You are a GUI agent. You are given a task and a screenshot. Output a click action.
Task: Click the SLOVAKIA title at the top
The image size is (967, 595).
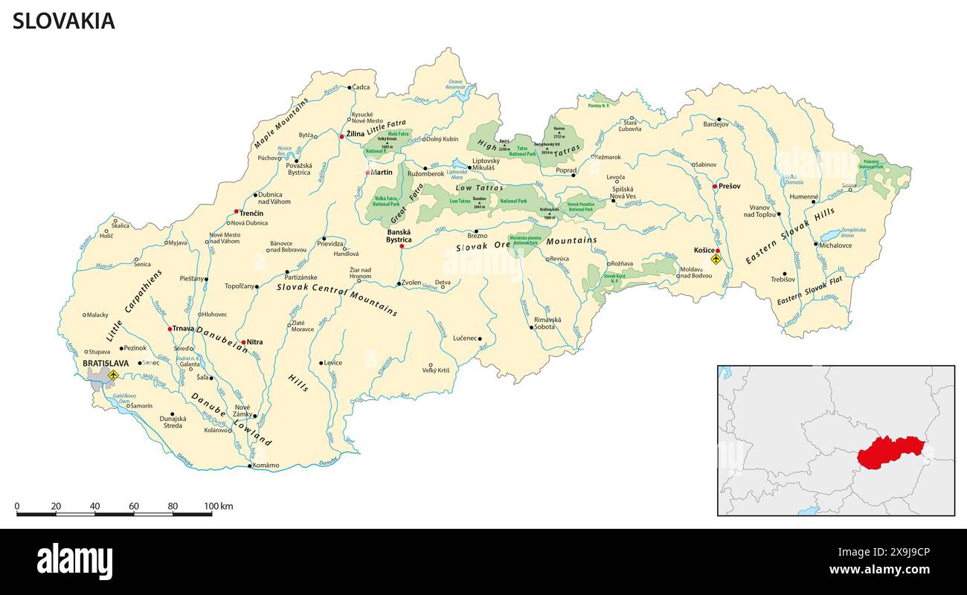click(x=64, y=22)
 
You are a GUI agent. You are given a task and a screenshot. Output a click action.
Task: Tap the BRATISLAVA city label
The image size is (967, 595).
click(x=106, y=364)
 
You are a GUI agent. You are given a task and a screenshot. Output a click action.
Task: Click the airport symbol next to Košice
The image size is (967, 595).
click(x=716, y=260)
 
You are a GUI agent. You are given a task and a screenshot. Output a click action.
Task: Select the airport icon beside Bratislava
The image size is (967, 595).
click(x=113, y=376)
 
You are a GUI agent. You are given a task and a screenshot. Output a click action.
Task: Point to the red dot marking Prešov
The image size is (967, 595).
click(x=714, y=187)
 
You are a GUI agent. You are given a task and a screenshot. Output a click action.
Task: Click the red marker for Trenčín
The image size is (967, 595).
click(x=237, y=211)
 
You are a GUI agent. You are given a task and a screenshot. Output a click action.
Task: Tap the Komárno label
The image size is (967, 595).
click(x=266, y=466)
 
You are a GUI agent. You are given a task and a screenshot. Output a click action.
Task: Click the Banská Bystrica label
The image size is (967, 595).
click(x=399, y=235)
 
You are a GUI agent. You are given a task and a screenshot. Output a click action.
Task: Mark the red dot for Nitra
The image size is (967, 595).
click(x=243, y=342)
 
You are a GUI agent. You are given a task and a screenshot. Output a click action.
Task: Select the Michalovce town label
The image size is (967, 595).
click(x=836, y=245)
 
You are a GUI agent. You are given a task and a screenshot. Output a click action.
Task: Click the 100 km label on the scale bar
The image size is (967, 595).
click(x=219, y=506)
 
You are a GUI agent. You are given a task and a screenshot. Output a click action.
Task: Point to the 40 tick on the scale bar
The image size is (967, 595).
click(x=94, y=506)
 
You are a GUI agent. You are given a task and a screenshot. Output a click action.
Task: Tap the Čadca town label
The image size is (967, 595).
click(x=362, y=88)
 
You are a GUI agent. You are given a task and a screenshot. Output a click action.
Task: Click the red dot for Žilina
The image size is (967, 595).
click(x=341, y=136)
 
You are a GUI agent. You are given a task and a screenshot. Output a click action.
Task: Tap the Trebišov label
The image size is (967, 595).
click(x=783, y=280)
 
